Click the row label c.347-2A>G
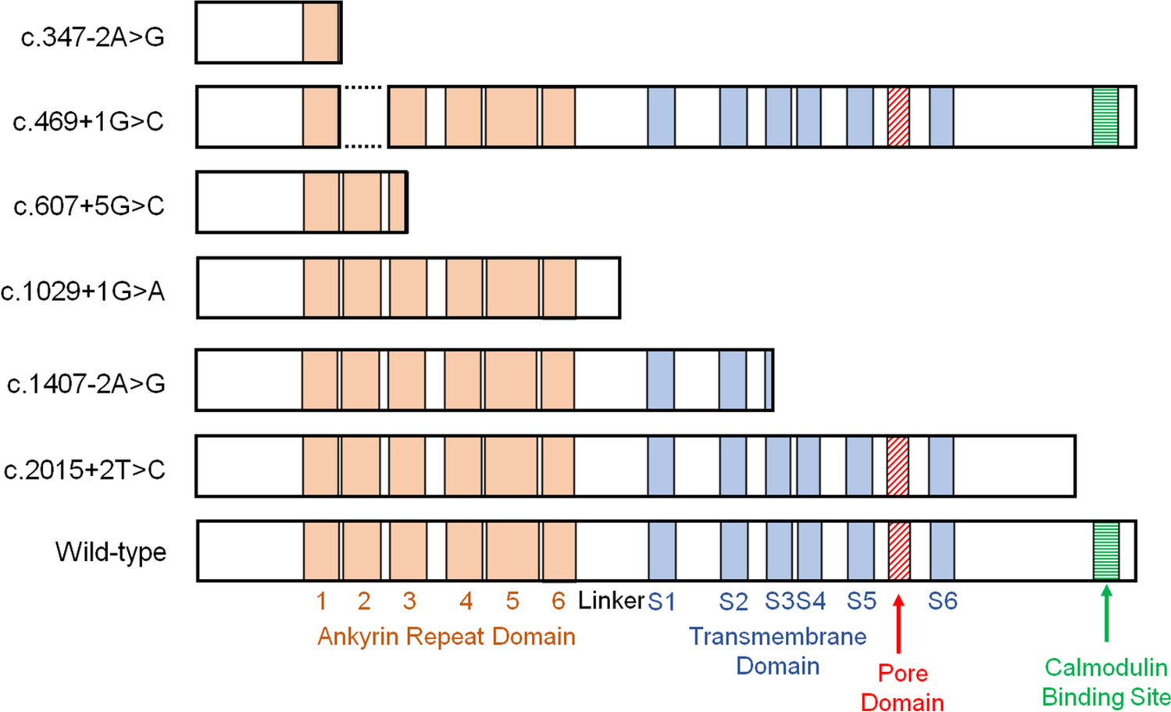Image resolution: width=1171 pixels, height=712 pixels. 92,37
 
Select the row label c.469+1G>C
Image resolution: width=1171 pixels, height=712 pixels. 88,121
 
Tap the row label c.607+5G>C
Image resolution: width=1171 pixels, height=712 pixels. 89,206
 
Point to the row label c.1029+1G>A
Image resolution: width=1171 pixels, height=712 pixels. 83,291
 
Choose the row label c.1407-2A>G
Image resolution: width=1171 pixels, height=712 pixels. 86,384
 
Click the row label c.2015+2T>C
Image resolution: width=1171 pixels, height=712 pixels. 84,470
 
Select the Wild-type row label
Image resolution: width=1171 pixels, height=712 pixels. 110,552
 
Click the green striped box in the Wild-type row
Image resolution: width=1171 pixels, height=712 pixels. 1106,551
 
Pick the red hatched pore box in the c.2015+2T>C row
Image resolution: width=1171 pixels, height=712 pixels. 898,467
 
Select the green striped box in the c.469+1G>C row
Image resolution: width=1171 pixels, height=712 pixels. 1105,117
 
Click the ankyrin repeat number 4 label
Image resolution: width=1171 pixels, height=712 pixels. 466,601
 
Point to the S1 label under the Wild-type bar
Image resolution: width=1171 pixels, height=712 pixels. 661,601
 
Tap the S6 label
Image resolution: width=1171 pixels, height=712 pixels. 942,601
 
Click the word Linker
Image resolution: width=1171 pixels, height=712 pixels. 611,600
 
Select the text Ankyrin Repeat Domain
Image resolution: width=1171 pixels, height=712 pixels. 446,636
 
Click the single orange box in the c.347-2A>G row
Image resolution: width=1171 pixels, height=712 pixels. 321,32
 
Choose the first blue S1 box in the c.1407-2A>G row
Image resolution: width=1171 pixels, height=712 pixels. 661,380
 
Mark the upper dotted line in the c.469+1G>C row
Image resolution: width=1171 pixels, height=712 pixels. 363,88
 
